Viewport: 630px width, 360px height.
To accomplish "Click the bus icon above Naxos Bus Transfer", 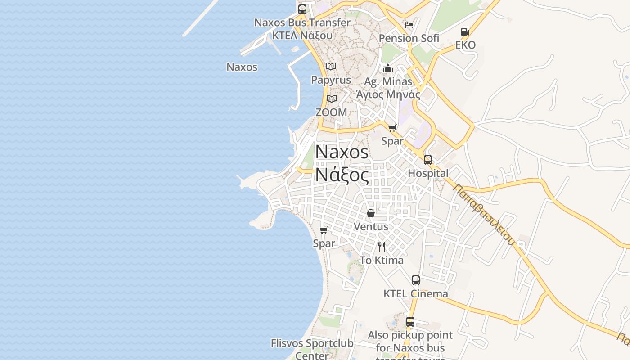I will point(302,9).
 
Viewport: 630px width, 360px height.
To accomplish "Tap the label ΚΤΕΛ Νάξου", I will point(302,35).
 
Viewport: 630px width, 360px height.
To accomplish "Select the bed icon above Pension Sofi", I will point(409,25).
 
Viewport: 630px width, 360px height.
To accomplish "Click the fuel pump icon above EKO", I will point(465,32).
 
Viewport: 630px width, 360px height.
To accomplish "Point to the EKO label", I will point(465,45).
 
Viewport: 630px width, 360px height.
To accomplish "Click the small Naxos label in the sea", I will point(242,67).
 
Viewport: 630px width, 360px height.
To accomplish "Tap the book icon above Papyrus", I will point(331,67).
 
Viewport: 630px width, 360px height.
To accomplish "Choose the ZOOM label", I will point(331,112).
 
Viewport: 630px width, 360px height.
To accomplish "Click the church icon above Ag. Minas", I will point(388,68).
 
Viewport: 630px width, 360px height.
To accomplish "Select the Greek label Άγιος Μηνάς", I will point(388,94).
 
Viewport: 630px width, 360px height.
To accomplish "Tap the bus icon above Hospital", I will point(427,160).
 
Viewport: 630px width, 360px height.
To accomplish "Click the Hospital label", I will point(428,173).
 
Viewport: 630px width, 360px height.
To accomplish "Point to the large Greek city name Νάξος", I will point(342,175).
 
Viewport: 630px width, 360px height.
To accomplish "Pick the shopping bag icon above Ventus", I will point(371,213).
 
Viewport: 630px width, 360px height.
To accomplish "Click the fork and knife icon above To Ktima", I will point(382,247).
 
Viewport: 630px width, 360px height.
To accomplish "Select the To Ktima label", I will point(382,260).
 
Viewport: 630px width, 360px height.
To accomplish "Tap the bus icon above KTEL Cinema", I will point(416,280).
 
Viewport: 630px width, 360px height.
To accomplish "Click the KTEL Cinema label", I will point(416,294).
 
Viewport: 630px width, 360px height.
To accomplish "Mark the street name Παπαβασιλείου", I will point(484,214).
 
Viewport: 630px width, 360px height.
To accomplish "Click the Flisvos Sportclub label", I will point(312,343).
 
